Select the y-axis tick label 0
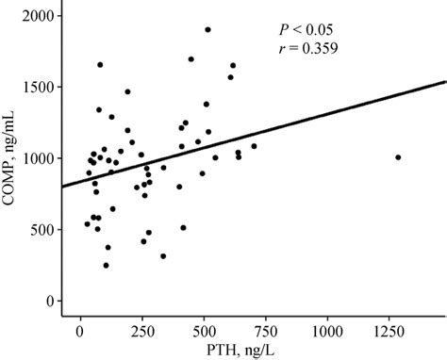(x=48, y=301)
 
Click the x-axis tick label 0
(x=80, y=333)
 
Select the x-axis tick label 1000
(x=327, y=333)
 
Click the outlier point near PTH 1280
(x=398, y=157)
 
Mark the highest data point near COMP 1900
(x=207, y=29)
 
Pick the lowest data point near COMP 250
(x=106, y=266)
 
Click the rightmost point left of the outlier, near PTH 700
(x=254, y=146)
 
